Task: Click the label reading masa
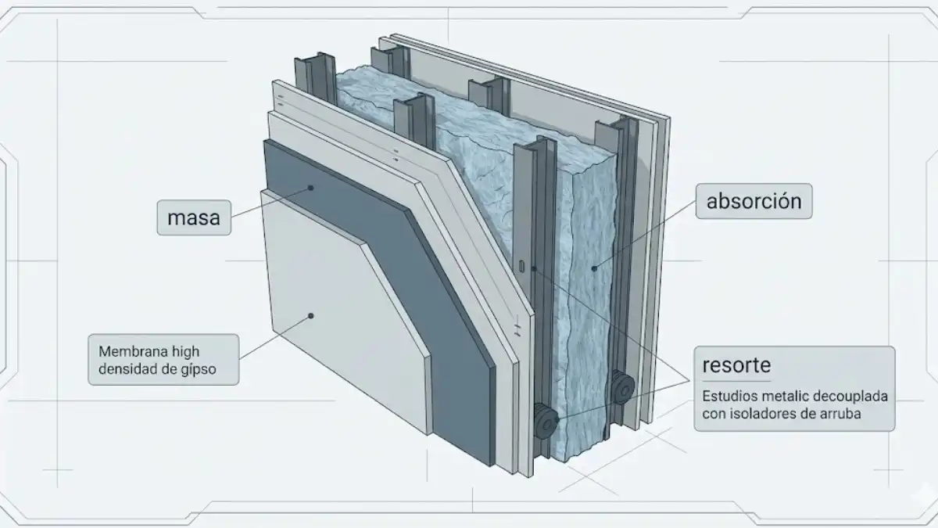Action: [x=194, y=217]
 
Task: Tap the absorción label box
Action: [x=754, y=202]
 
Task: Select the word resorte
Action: [x=736, y=365]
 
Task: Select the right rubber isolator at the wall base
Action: [x=622, y=386]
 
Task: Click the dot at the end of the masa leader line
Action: [x=311, y=188]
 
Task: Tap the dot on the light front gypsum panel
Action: [x=311, y=316]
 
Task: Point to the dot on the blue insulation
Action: [x=594, y=269]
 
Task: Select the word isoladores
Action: [x=772, y=414]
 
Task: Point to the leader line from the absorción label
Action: [x=645, y=235]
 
